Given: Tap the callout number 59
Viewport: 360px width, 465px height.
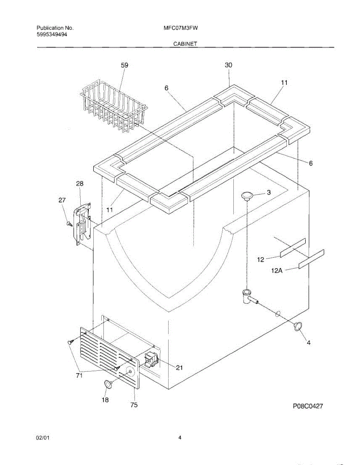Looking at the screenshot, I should pyautogui.click(x=124, y=66).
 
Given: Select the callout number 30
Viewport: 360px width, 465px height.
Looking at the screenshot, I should pyautogui.click(x=229, y=65).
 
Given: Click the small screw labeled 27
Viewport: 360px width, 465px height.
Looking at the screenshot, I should pyautogui.click(x=69, y=224).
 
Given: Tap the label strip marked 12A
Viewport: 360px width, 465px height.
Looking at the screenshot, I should pyautogui.click(x=311, y=258).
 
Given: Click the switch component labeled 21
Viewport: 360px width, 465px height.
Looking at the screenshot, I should pyautogui.click(x=151, y=360).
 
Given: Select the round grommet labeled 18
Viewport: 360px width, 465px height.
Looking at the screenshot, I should pyautogui.click(x=107, y=384).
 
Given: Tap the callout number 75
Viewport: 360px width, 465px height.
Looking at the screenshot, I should pyautogui.click(x=134, y=405).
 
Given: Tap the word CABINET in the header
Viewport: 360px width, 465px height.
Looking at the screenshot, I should pyautogui.click(x=185, y=44).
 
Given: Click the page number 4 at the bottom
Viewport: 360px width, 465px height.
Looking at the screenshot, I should pyautogui.click(x=180, y=438).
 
